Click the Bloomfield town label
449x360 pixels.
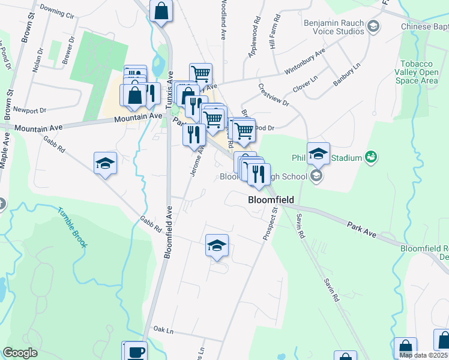271,200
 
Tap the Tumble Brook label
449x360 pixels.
73,227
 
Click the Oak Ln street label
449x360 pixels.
163,329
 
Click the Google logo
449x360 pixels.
20,353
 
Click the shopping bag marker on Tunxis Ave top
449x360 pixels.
161,11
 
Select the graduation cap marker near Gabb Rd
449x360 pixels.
105,163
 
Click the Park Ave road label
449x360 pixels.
361,227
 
